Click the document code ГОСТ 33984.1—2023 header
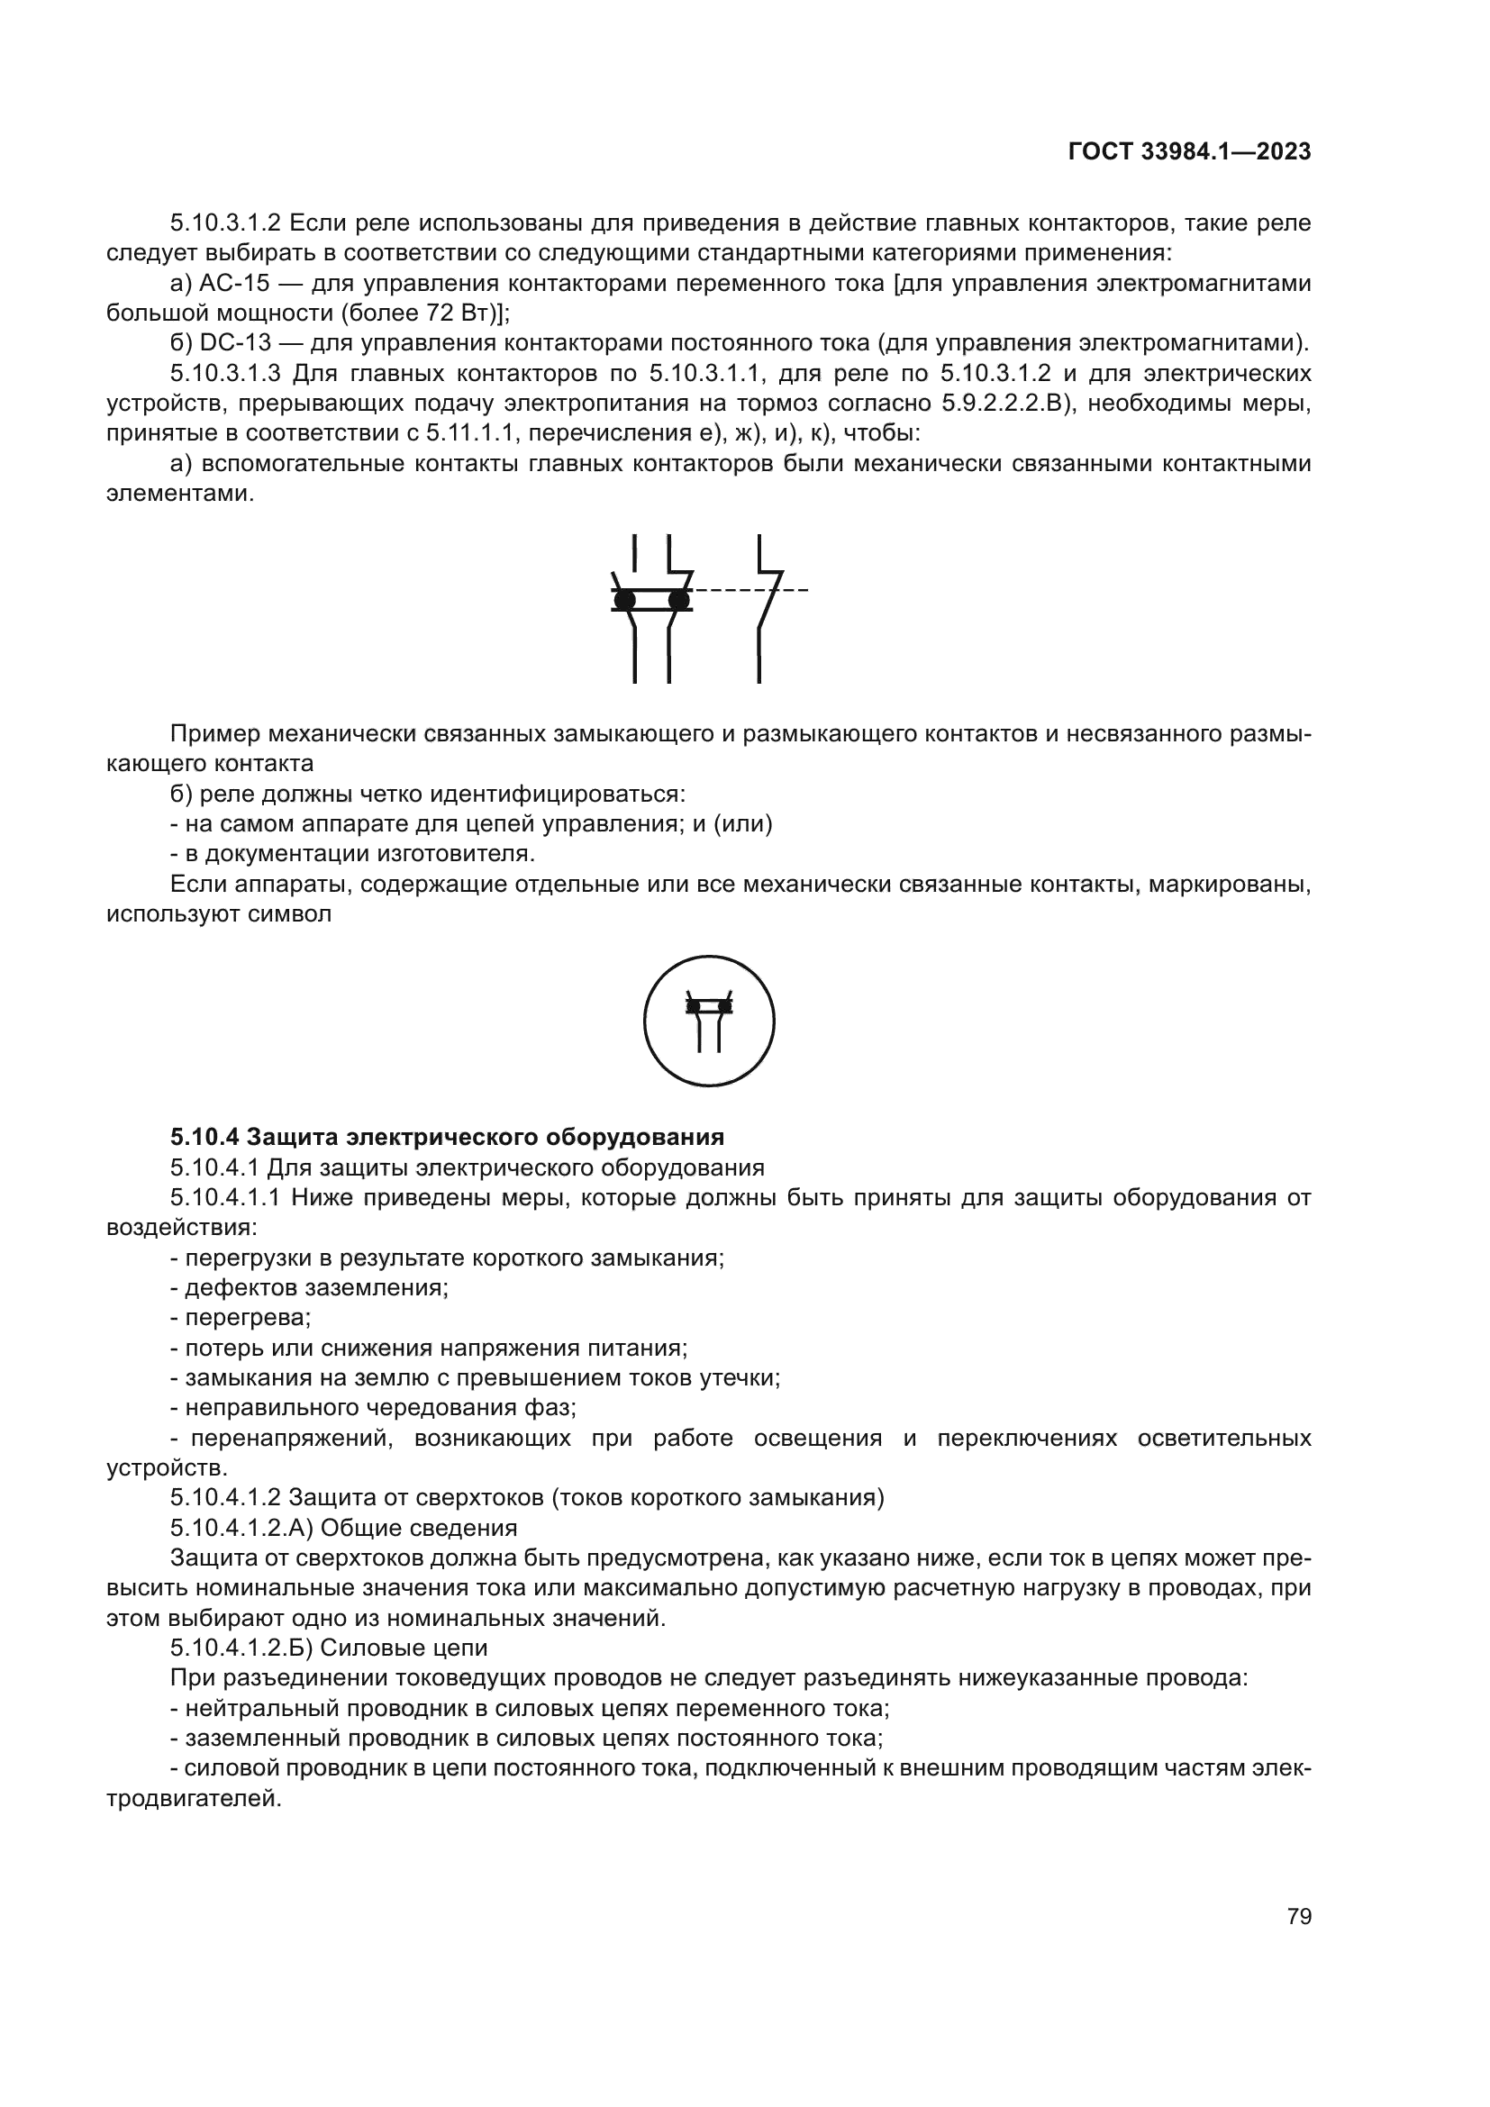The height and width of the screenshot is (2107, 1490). point(1189,152)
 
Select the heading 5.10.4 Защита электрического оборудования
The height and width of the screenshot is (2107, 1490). point(447,1137)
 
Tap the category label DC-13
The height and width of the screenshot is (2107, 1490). point(234,344)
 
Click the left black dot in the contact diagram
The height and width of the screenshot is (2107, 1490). point(625,600)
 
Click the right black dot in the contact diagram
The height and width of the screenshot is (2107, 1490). point(678,600)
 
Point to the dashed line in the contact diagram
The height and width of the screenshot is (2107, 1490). point(748,589)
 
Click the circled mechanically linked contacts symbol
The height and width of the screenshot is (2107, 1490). point(708,1021)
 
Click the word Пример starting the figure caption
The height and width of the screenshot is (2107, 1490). point(214,734)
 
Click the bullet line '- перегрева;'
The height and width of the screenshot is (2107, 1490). point(241,1318)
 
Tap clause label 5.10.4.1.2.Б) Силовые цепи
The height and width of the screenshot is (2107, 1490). point(329,1648)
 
